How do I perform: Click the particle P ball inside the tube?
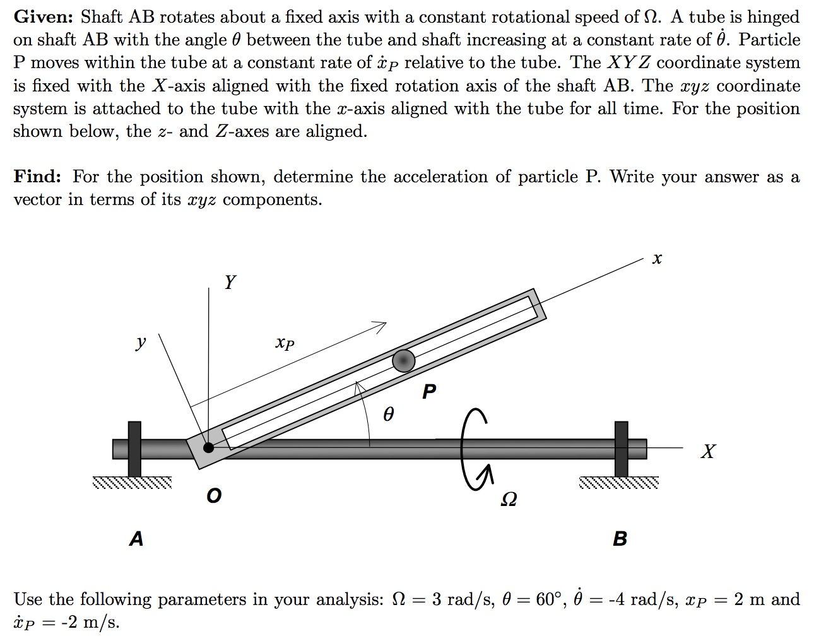[404, 360]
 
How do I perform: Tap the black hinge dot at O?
[208, 447]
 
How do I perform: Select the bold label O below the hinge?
[214, 497]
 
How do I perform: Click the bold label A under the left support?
[136, 539]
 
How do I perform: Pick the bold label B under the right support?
[620, 539]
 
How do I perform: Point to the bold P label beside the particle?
[429, 392]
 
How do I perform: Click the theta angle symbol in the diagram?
[389, 415]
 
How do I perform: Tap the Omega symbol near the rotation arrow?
[509, 499]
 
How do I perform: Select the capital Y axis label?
[230, 282]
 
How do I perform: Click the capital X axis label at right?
[709, 451]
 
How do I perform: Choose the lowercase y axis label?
[141, 343]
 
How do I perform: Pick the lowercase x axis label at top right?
[657, 259]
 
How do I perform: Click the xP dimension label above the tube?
[285, 343]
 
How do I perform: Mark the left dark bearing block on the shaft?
[134, 449]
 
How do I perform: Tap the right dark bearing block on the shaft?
[622, 449]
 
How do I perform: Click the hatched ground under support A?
[131, 483]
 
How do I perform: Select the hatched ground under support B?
[618, 483]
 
